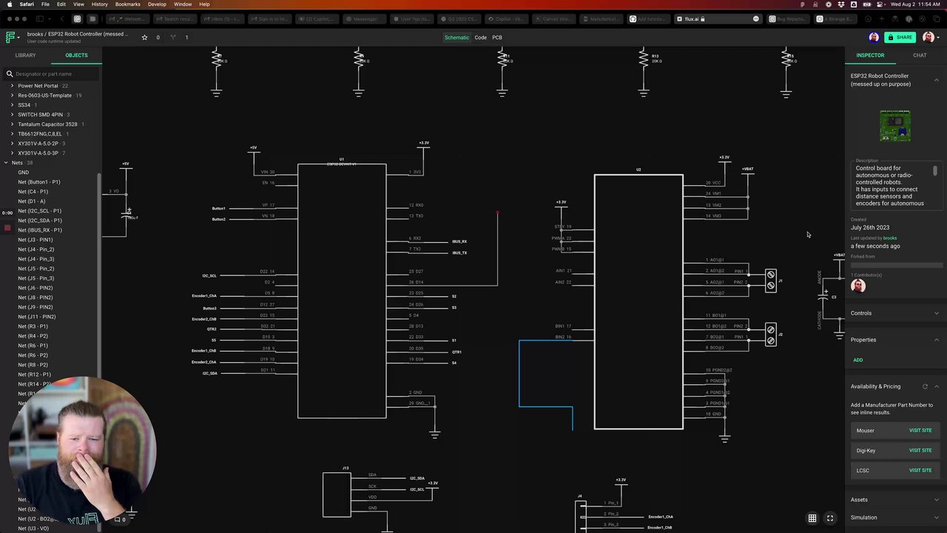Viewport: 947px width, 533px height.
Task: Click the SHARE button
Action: coord(900,37)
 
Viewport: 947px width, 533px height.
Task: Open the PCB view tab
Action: coord(497,37)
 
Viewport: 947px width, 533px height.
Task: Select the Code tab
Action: coord(480,37)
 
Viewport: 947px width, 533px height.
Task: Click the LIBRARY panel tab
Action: coord(25,56)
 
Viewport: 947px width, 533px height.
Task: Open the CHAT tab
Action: coord(920,56)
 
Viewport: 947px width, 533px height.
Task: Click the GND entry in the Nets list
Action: coord(24,172)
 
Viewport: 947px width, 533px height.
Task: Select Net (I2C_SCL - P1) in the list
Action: coord(40,211)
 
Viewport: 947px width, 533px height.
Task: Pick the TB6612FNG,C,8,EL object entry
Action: coord(40,134)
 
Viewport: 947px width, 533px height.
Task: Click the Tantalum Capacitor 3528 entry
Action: coord(47,124)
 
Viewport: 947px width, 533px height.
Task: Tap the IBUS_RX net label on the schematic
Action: coord(459,241)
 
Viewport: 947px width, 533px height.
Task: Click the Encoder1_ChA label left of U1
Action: coord(204,296)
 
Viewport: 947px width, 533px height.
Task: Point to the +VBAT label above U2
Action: coord(747,169)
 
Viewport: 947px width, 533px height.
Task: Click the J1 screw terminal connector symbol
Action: coord(770,281)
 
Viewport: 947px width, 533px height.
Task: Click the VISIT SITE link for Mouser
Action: coord(920,430)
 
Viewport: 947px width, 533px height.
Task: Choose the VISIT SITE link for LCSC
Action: coord(920,470)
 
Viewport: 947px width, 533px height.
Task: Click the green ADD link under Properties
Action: coord(857,360)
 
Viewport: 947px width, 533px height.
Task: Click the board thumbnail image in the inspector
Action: coord(895,126)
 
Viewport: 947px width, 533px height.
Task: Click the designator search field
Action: coord(52,74)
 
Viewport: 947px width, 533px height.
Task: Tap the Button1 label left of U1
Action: coord(218,209)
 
